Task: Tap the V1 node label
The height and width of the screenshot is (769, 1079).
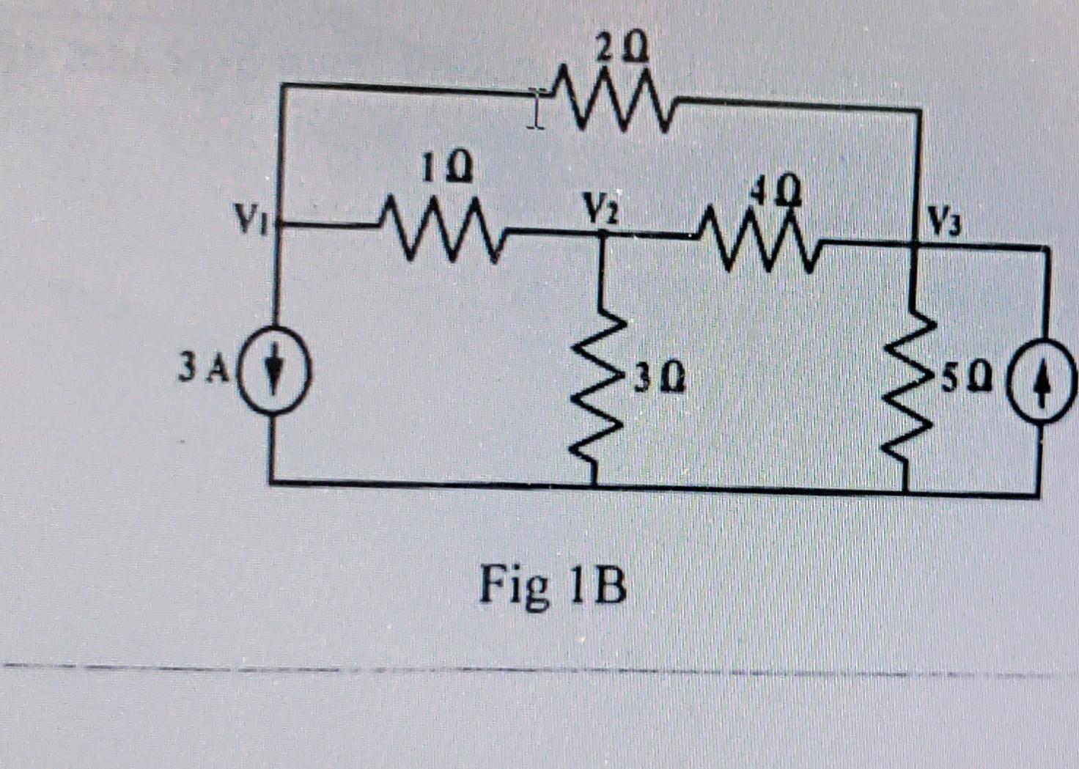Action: click(x=251, y=216)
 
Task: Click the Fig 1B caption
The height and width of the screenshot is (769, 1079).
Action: click(x=553, y=586)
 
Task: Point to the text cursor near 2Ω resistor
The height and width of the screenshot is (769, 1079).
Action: click(x=536, y=110)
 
